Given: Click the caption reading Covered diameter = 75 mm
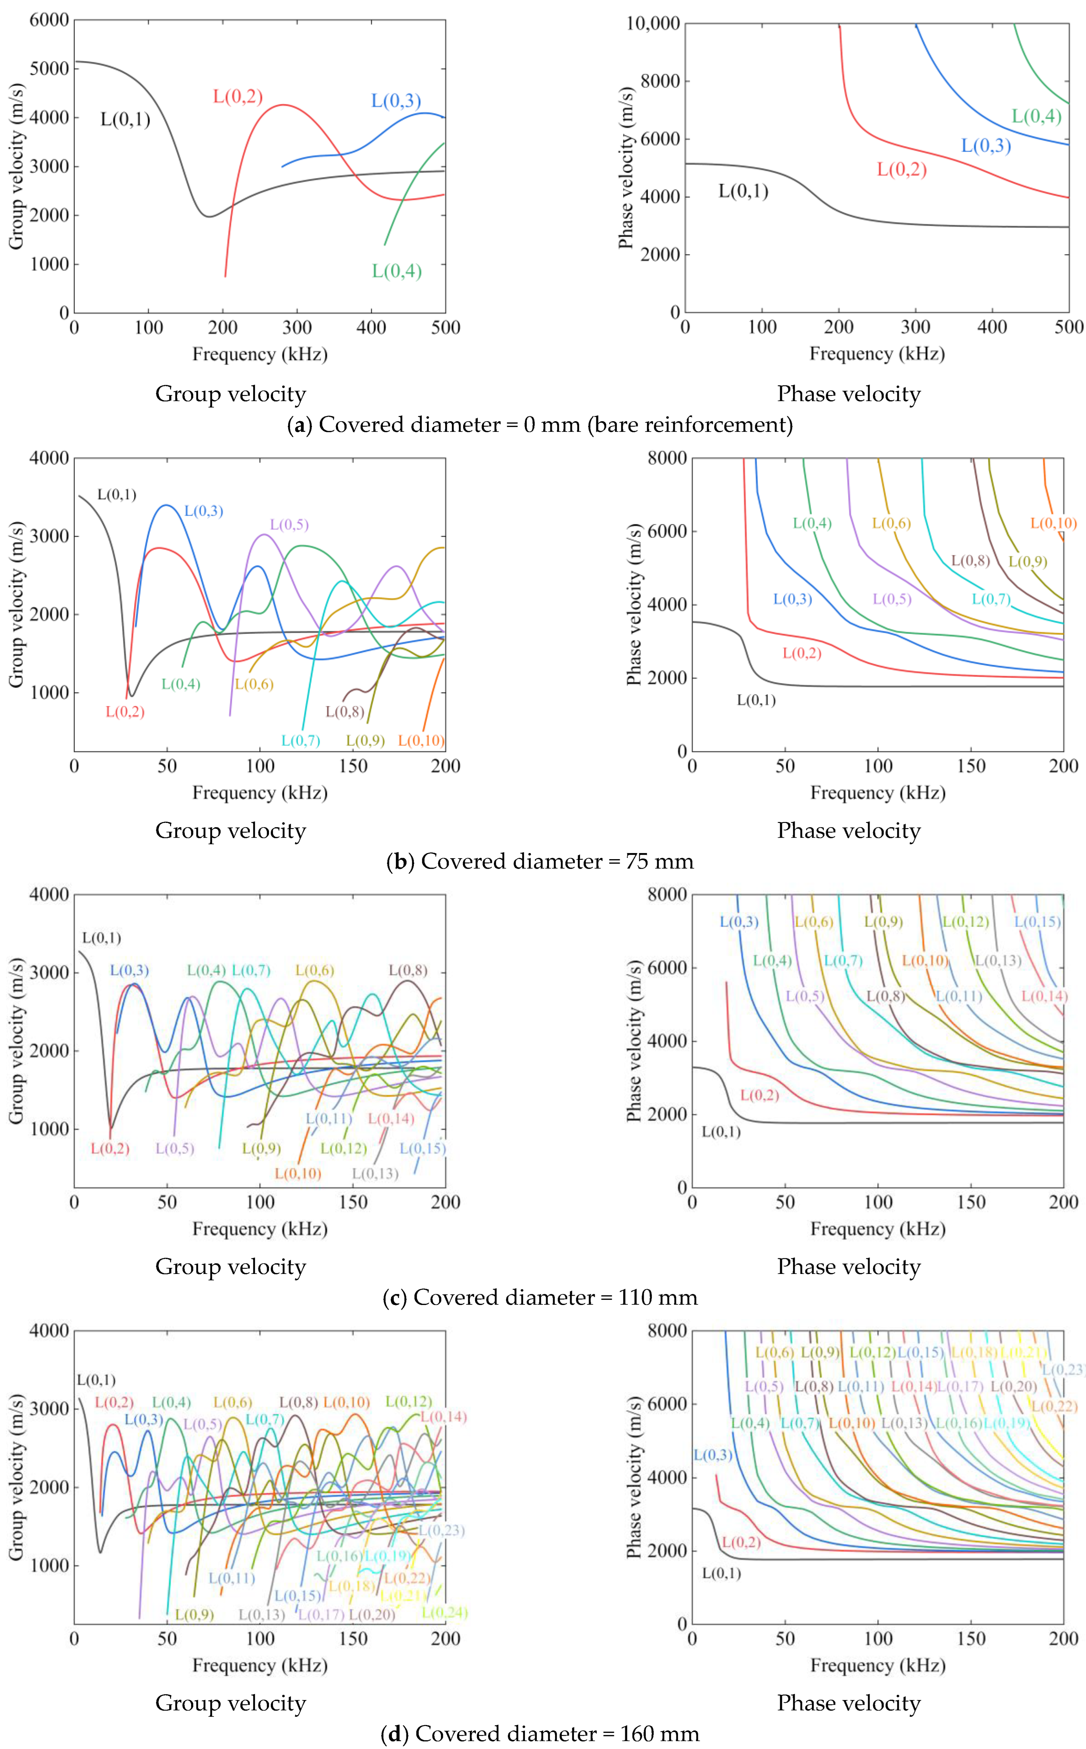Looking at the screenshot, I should tap(540, 861).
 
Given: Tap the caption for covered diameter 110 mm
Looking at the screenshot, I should tap(540, 1297).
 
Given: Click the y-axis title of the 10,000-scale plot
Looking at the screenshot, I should tap(626, 168).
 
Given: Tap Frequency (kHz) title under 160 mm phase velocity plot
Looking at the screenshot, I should tap(878, 1665).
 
